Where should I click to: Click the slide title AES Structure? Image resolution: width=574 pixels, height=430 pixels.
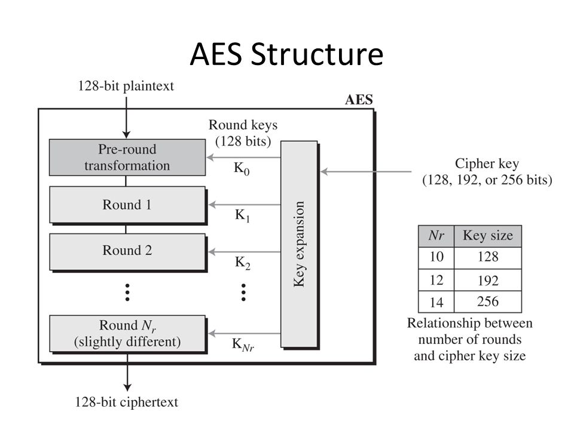[286, 55]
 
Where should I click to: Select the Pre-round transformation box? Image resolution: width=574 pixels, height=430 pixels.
[127, 157]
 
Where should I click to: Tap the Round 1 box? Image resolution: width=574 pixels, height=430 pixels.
[127, 205]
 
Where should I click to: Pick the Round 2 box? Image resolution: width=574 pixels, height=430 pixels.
[127, 251]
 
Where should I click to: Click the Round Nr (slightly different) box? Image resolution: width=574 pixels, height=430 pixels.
[127, 334]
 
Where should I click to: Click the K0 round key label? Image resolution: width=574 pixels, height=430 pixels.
[242, 170]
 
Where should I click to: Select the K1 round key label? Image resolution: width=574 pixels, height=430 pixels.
[242, 216]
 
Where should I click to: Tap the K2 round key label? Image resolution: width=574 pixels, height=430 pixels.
[242, 262]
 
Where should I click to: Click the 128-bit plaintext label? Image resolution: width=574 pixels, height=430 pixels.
[126, 86]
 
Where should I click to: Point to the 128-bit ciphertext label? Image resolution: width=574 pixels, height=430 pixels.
[126, 402]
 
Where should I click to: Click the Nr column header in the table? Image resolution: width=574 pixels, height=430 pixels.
[436, 235]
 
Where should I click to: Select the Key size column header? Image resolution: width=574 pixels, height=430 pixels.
[487, 235]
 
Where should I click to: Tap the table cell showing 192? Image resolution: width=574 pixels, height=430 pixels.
[488, 280]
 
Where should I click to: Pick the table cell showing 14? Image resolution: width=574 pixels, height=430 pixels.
[436, 302]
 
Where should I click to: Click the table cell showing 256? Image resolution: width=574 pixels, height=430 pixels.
[488, 302]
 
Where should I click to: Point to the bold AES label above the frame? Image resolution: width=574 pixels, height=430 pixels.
[359, 100]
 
